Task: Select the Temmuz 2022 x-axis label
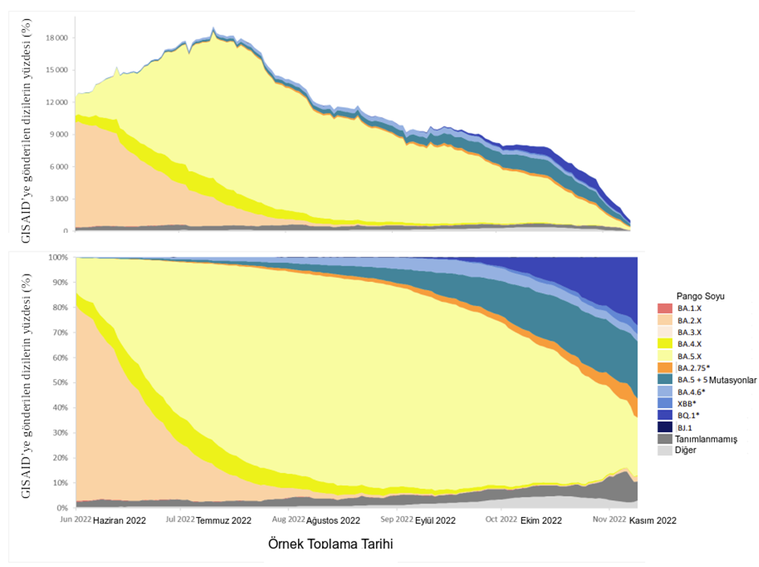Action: (x=224, y=520)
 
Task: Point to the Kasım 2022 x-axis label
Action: (x=652, y=520)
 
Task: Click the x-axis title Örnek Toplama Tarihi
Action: (x=330, y=545)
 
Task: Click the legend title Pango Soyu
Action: (x=699, y=296)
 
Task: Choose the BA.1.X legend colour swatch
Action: (x=663, y=308)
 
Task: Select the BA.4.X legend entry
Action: (x=689, y=343)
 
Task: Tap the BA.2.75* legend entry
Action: (x=693, y=367)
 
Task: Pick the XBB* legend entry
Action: (x=687, y=403)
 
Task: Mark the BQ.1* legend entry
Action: (x=688, y=415)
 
